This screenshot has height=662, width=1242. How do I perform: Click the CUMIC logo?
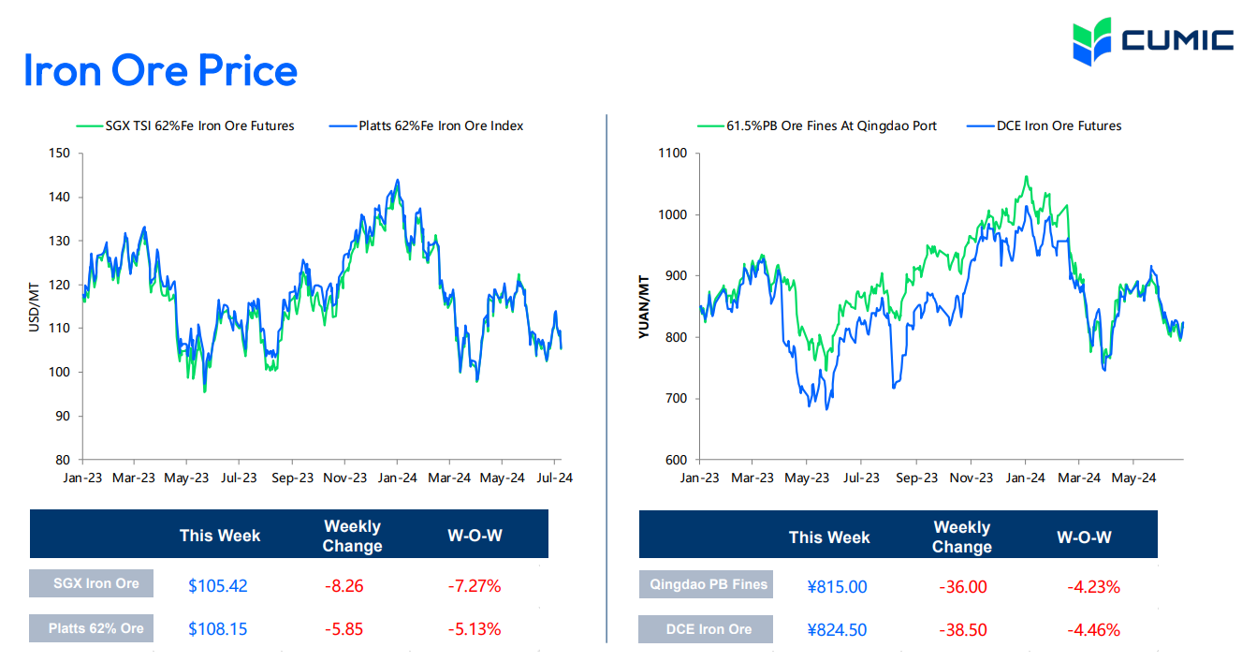tap(1152, 40)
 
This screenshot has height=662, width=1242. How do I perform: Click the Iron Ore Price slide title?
tap(160, 71)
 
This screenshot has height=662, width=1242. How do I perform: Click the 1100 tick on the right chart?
tap(672, 154)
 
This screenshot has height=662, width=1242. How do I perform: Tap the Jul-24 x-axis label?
tap(554, 478)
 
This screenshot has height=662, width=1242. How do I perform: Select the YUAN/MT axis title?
tap(645, 306)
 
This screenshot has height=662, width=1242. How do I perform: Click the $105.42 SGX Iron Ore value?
tap(217, 586)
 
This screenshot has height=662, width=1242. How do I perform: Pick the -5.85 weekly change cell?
tap(343, 629)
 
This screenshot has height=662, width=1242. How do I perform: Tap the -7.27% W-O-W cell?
tap(475, 586)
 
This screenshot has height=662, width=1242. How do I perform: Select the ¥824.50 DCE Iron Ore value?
tap(837, 630)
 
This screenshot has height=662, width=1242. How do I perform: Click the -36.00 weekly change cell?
tap(962, 587)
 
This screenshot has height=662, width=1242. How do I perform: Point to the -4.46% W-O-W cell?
tap(1093, 630)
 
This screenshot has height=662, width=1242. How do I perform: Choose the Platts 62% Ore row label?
tap(96, 628)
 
